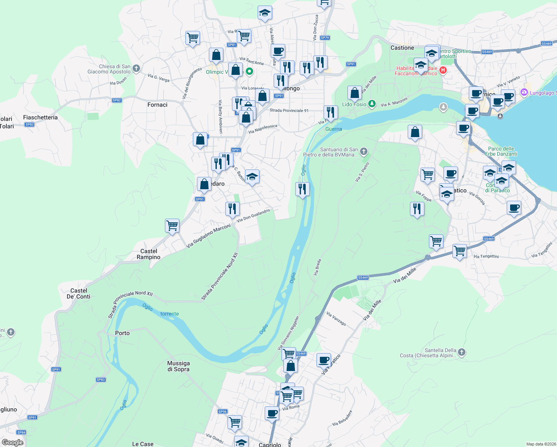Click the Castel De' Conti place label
(x=79, y=294)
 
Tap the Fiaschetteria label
(x=40, y=117)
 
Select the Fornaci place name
(x=157, y=105)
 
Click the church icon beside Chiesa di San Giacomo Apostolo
(x=136, y=68)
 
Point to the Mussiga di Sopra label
(x=178, y=366)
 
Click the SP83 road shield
(x=101, y=380)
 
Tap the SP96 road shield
(x=222, y=412)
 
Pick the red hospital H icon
(x=443, y=70)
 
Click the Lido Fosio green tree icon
(x=372, y=104)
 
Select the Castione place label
(x=402, y=48)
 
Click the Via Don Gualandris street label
(x=254, y=215)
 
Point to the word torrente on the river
(x=169, y=314)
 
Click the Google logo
(x=12, y=443)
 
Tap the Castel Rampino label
(x=149, y=254)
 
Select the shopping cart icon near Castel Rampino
(x=172, y=226)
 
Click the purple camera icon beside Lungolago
(x=524, y=92)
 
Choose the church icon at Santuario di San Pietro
(x=364, y=151)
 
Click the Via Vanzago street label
(x=336, y=319)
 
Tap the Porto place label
(x=122, y=333)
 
